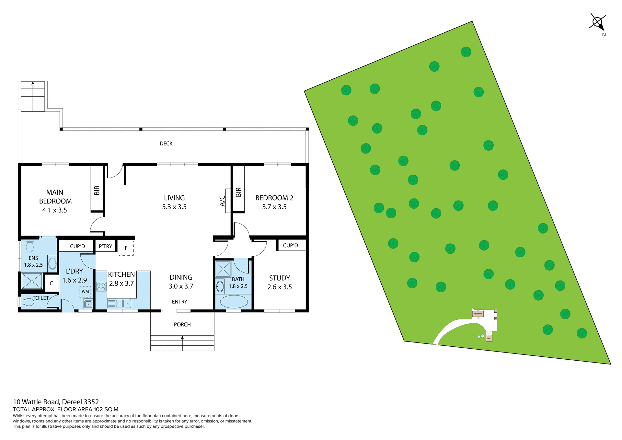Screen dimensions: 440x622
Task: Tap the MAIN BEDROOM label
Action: tap(55, 201)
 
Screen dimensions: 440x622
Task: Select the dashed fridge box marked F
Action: tap(126, 248)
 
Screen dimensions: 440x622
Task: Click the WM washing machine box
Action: tap(85, 292)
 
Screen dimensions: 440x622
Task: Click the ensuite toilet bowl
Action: tap(30, 246)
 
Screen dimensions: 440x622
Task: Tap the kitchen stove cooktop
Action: tap(101, 286)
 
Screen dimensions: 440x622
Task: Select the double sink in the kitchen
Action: tap(123, 304)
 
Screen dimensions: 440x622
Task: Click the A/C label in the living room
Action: tap(223, 201)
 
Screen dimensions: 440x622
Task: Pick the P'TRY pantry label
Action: tap(106, 246)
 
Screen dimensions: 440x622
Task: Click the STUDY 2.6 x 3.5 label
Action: tap(279, 283)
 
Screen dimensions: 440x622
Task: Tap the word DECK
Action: tap(166, 144)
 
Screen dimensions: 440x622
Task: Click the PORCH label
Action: tap(182, 324)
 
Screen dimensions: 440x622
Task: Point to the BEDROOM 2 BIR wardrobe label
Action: tap(238, 192)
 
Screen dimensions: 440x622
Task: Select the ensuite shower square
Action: tap(32, 281)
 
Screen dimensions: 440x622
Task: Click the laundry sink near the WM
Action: tap(88, 304)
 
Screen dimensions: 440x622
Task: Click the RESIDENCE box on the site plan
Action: tap(478, 314)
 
